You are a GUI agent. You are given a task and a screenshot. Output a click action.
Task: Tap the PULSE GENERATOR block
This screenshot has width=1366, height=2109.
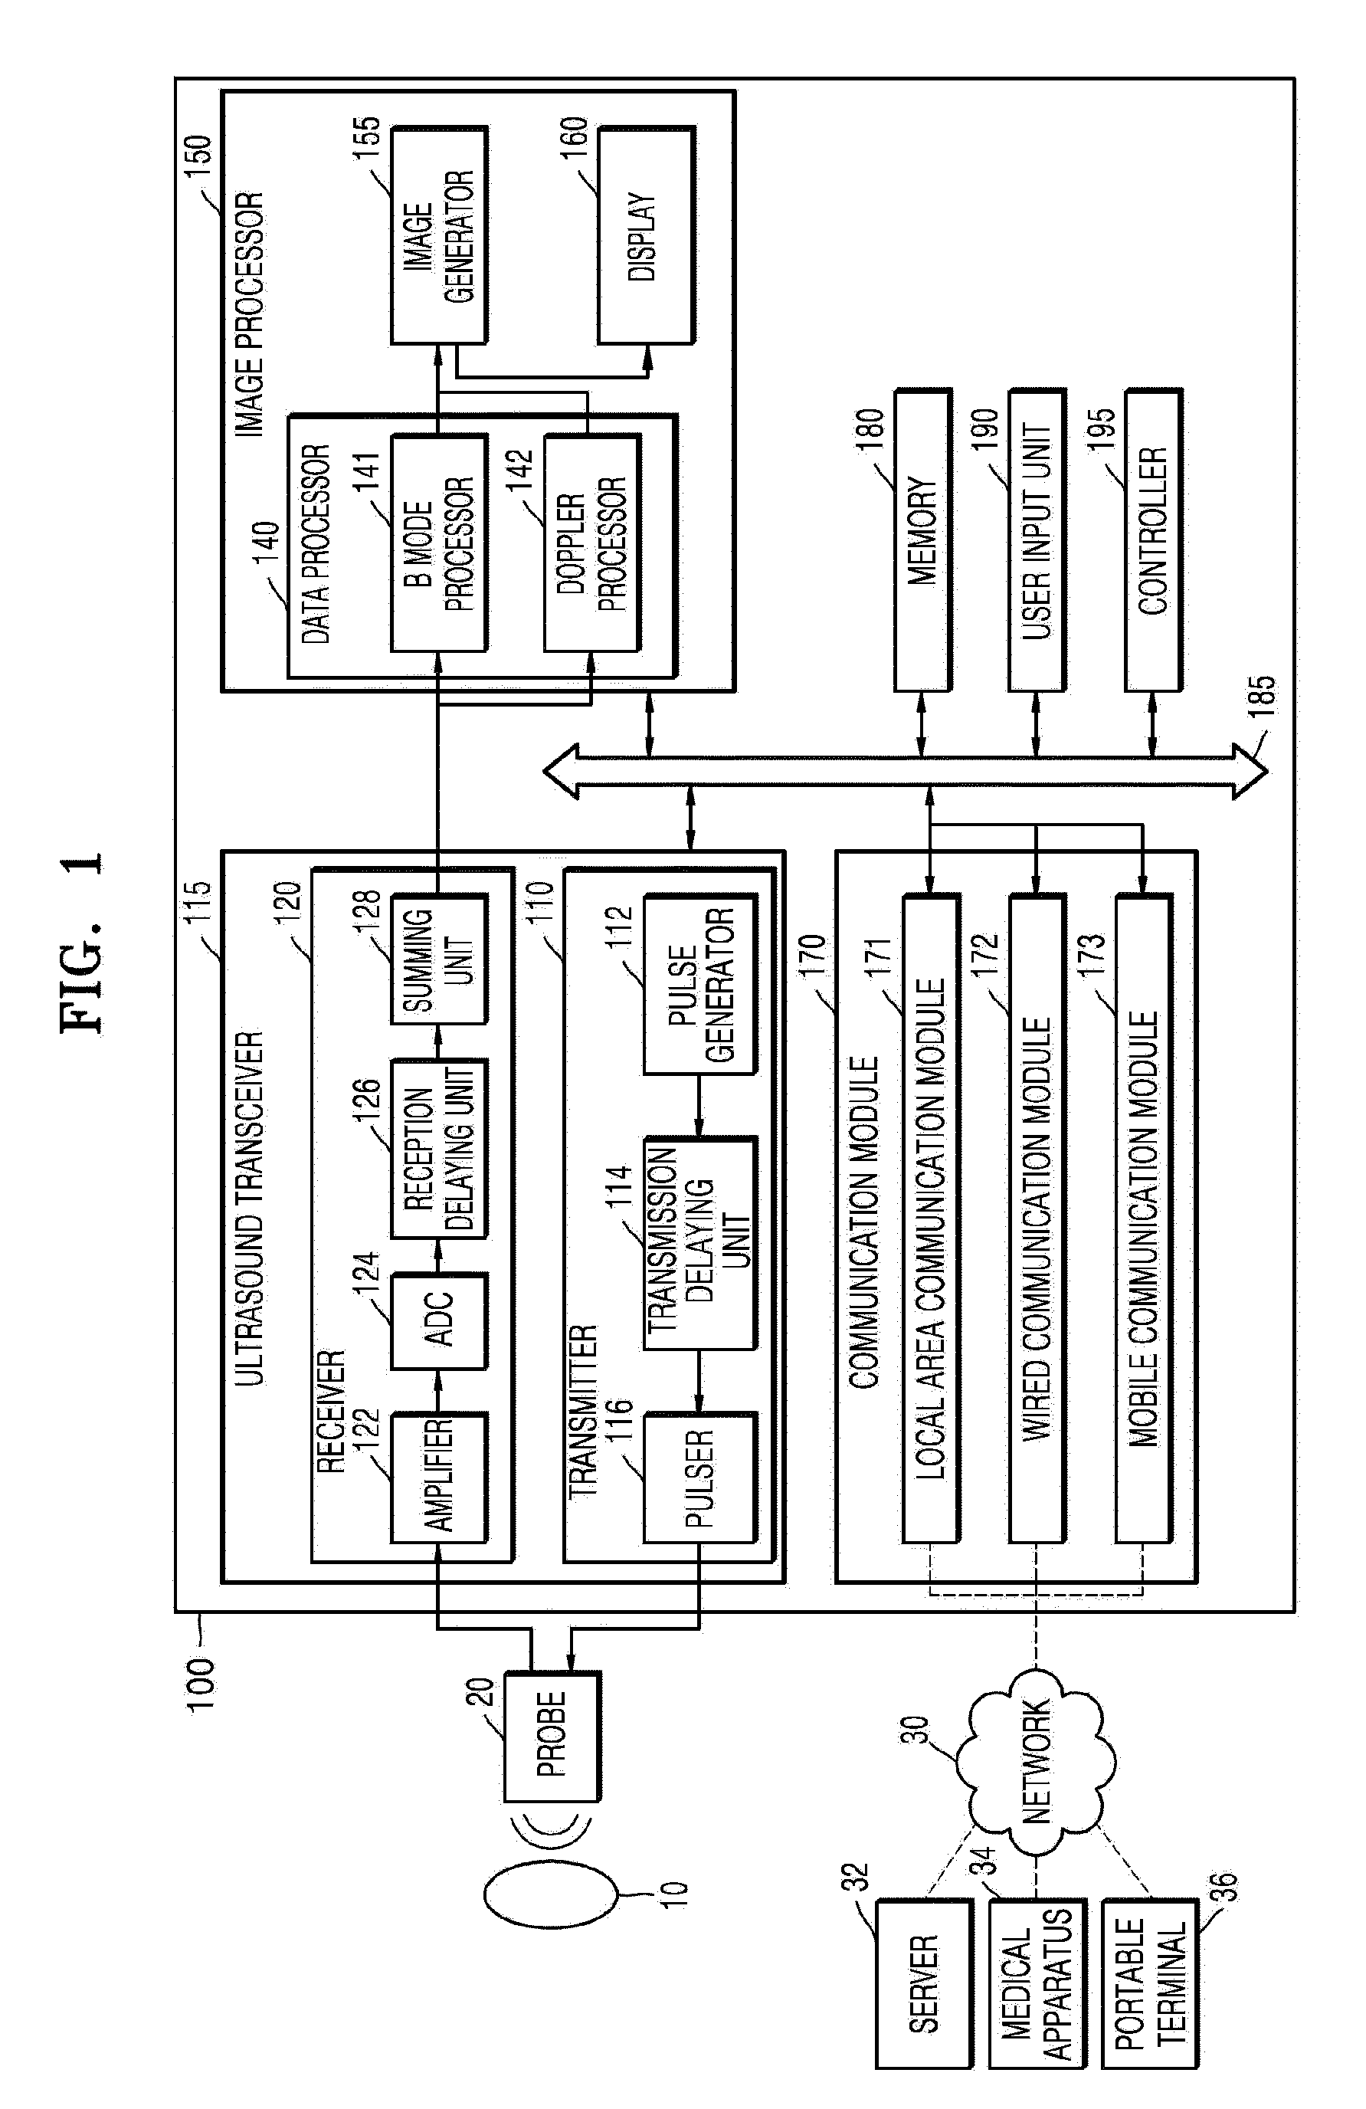click(699, 985)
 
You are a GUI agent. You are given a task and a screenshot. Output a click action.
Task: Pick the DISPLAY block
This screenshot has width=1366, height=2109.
click(645, 237)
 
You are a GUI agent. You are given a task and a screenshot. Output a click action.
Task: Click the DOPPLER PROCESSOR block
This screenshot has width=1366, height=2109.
click(591, 543)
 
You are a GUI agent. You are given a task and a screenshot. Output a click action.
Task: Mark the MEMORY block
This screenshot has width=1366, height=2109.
click(922, 540)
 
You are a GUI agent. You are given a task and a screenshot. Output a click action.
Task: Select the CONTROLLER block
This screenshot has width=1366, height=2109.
click(1153, 540)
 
